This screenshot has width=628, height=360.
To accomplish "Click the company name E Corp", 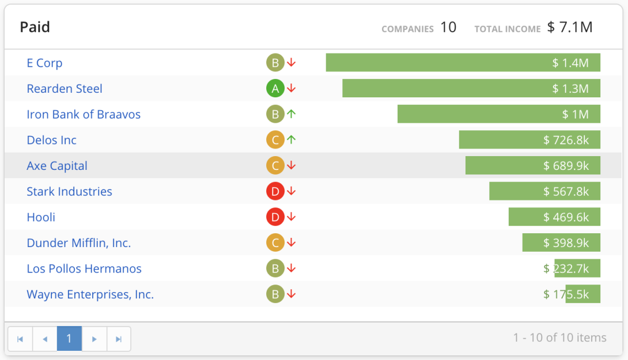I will [x=44, y=63].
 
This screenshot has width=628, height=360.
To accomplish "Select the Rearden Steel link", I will [x=65, y=89].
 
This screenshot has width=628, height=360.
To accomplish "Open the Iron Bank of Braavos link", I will [x=84, y=114].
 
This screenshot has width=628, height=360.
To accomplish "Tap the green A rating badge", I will [x=275, y=89].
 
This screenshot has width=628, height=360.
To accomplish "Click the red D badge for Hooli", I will [x=275, y=217].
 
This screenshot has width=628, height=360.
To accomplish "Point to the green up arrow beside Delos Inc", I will [x=292, y=139].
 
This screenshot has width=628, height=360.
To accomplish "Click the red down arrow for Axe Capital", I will [x=292, y=166].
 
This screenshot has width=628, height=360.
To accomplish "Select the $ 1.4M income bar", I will [x=463, y=63].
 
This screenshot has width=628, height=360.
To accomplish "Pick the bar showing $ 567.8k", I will [x=544, y=191].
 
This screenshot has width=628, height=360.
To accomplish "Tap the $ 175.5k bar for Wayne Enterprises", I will [x=582, y=294].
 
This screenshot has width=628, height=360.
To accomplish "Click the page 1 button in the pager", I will [x=69, y=339].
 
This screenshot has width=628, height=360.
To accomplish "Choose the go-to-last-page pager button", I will [x=119, y=339].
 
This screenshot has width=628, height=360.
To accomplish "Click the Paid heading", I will [x=35, y=27].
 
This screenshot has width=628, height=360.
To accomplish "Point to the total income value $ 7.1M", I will [x=570, y=27].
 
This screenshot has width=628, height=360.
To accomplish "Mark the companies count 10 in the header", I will [x=448, y=27].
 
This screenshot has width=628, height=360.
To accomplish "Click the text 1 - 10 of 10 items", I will [x=559, y=338].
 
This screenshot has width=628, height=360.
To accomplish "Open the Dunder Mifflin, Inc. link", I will [x=79, y=243].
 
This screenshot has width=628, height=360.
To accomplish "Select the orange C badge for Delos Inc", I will [x=275, y=140].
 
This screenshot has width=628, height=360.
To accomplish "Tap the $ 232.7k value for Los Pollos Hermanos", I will [x=566, y=268].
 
